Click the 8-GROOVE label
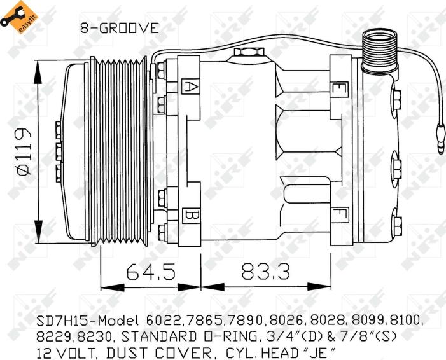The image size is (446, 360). [118, 28]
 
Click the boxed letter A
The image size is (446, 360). [190, 85]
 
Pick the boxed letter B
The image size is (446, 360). [190, 214]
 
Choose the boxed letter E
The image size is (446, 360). [341, 85]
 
